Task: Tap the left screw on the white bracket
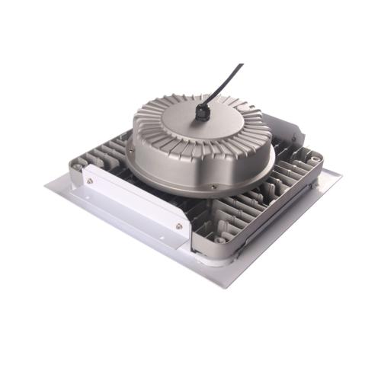[91, 181]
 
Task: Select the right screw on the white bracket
[179, 226]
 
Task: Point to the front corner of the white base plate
[223, 287]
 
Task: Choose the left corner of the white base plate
[47, 185]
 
